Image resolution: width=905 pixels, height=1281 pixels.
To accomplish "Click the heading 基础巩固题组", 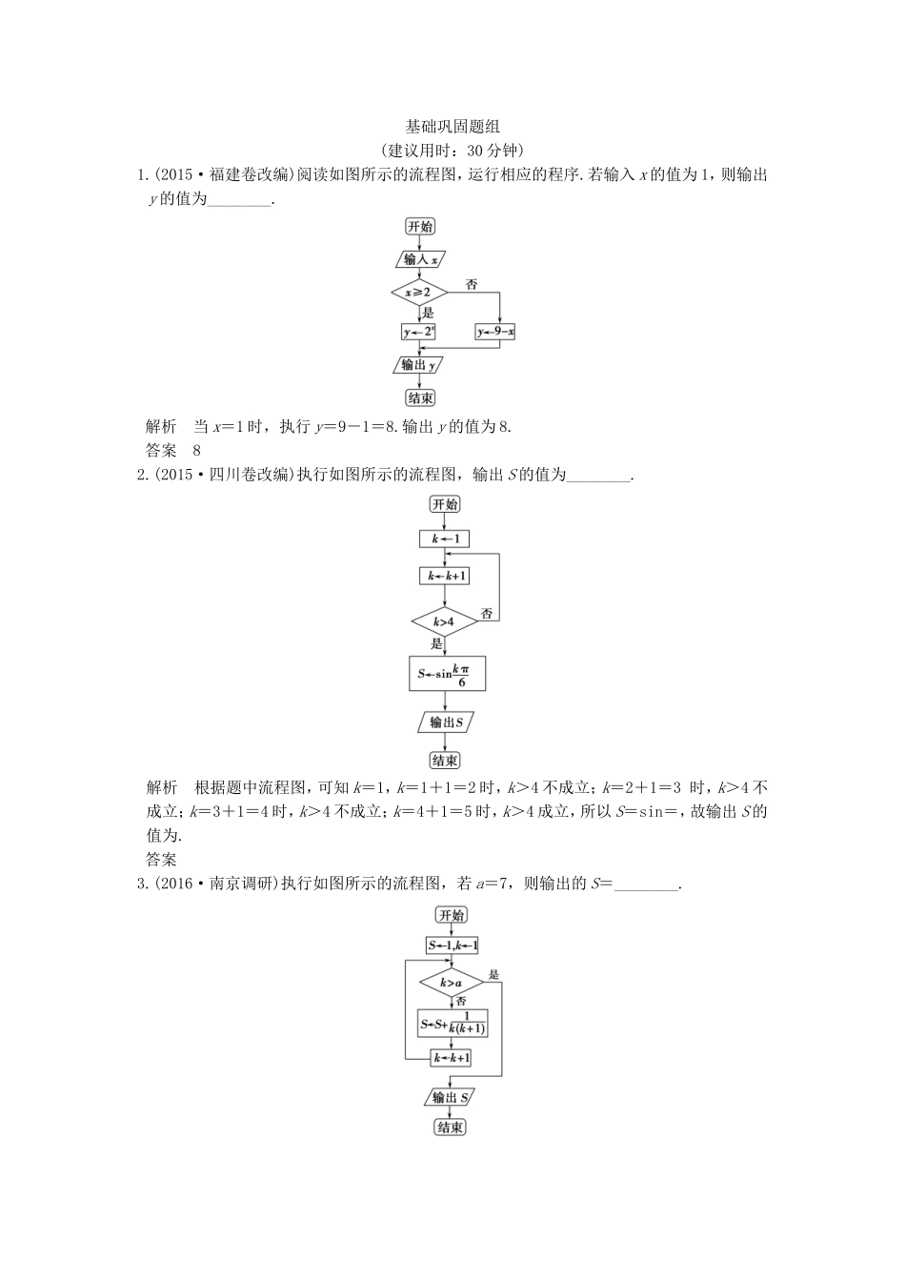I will click(x=452, y=127).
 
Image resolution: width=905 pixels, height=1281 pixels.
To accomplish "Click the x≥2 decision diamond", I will click(x=419, y=292).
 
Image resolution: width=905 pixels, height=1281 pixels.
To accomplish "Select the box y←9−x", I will click(x=495, y=332).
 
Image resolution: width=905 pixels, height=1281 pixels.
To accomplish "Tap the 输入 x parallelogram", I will click(x=419, y=259).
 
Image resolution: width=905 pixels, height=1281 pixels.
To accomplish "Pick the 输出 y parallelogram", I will click(x=419, y=365).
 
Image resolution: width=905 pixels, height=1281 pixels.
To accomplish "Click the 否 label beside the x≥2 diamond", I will click(x=472, y=283).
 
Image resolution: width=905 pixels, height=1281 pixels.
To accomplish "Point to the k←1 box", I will click(x=445, y=539).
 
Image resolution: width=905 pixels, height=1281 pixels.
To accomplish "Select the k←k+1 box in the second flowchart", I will click(x=445, y=576).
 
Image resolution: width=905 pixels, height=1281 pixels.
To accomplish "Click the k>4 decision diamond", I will click(x=444, y=622).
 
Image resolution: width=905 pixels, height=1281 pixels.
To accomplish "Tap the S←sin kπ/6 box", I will click(x=447, y=674).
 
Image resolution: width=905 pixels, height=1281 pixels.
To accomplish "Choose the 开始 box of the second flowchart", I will click(x=445, y=504).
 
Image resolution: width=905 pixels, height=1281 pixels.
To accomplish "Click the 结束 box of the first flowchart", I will click(x=419, y=398).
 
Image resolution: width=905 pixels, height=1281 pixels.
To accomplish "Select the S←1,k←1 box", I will click(x=452, y=945).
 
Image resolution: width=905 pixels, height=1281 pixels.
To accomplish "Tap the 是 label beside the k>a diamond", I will click(x=493, y=974).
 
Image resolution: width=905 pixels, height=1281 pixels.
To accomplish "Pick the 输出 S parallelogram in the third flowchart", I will click(x=450, y=1098).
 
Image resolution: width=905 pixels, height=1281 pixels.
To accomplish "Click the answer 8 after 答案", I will click(x=197, y=450).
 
